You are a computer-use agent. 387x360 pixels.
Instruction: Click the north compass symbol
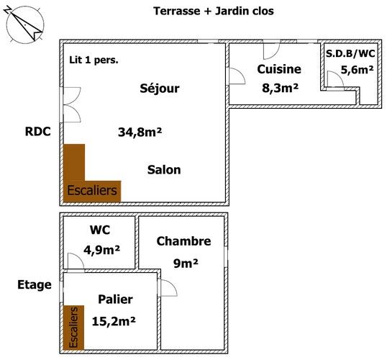pos(24,24)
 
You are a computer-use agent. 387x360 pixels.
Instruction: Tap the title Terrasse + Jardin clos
pos(214,11)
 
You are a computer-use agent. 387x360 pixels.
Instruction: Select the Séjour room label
pos(160,89)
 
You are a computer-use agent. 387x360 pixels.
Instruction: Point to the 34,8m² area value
pos(140,132)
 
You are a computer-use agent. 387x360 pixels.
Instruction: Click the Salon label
pos(164,170)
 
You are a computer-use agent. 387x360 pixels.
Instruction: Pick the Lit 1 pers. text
pos(94,60)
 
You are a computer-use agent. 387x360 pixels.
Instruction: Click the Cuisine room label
pos(279,69)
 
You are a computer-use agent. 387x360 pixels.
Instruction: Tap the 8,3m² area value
pos(280,88)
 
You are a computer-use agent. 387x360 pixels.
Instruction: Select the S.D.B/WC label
pos(350,53)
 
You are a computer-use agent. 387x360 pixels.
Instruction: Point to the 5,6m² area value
pos(357,70)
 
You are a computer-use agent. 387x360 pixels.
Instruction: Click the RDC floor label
pos(37,132)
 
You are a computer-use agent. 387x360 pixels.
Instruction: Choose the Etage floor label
pos(35,285)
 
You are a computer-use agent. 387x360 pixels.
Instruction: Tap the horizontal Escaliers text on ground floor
pos(92,190)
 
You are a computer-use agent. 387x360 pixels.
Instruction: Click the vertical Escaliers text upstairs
pos(73,327)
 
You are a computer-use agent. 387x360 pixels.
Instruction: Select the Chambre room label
pos(183,241)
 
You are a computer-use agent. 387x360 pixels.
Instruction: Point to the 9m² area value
pos(186,263)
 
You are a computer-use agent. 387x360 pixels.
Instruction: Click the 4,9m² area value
pos(101,251)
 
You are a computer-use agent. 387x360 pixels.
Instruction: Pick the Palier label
pos(116,300)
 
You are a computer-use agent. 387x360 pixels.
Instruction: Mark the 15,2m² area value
pos(114,322)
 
